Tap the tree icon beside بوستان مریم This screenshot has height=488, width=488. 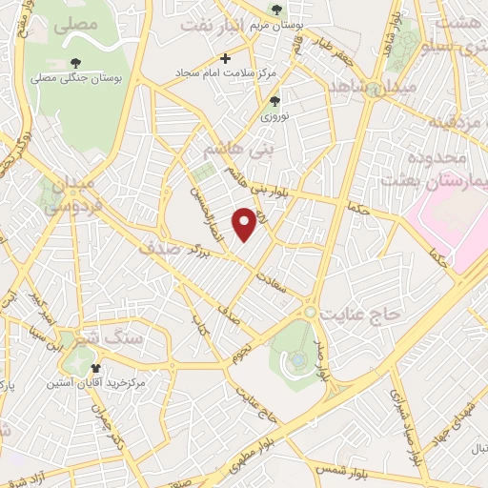coord(276,10)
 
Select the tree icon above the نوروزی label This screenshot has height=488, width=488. coord(275,100)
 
